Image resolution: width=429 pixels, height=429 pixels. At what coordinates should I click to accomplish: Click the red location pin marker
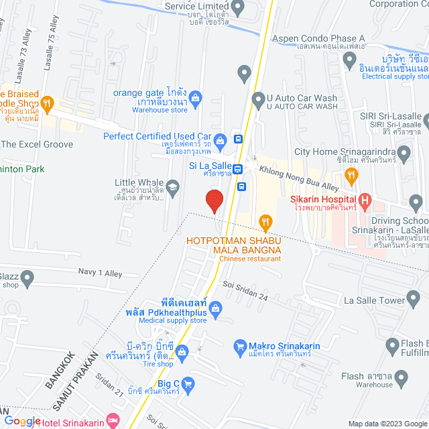point(214,201)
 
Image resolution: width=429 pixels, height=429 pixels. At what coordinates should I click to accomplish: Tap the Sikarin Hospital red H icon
point(365,199)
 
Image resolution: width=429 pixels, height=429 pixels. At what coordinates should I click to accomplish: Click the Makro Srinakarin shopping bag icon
point(239,346)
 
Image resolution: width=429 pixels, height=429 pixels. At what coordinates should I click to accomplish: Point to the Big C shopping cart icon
point(188,384)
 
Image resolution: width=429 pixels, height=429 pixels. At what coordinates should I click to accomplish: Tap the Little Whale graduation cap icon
point(174,186)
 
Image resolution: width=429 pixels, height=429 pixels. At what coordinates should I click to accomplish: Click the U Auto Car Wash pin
point(258,101)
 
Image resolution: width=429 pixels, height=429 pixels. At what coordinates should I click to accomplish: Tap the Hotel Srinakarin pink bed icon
point(113,421)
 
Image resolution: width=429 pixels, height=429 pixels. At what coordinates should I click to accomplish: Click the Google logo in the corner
point(22,420)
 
